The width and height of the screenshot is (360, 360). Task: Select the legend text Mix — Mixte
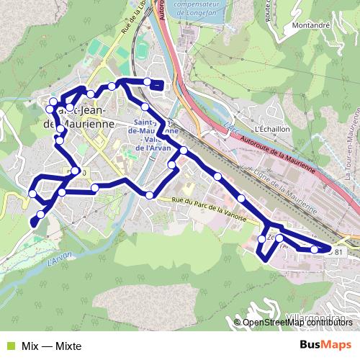click(x=51, y=346)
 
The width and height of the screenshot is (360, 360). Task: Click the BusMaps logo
click(x=325, y=346)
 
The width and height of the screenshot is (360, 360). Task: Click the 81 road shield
click(x=337, y=251)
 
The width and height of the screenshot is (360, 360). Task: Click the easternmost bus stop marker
click(x=314, y=250)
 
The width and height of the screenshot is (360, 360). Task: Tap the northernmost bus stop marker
click(x=148, y=81)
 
